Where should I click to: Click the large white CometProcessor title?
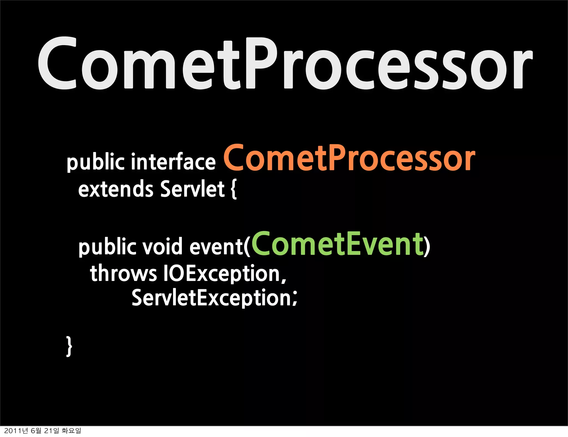click(x=285, y=64)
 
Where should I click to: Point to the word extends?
click(x=116, y=189)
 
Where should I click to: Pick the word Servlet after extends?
click(x=192, y=189)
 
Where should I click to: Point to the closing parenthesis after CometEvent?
click(x=427, y=247)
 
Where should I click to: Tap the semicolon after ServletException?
click(x=295, y=299)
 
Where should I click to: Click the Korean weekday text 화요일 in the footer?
click(x=71, y=431)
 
